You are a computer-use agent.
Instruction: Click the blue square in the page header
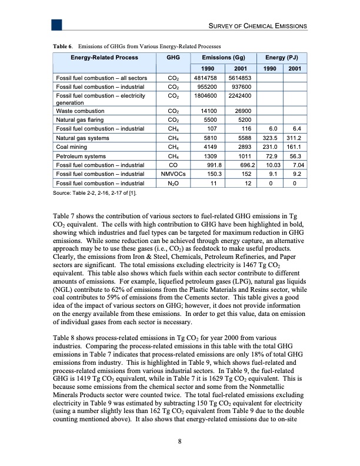57,25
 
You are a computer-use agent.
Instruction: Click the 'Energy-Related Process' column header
105,58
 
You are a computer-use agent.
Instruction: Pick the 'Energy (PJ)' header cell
282,58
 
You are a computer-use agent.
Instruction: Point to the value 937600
241,85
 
